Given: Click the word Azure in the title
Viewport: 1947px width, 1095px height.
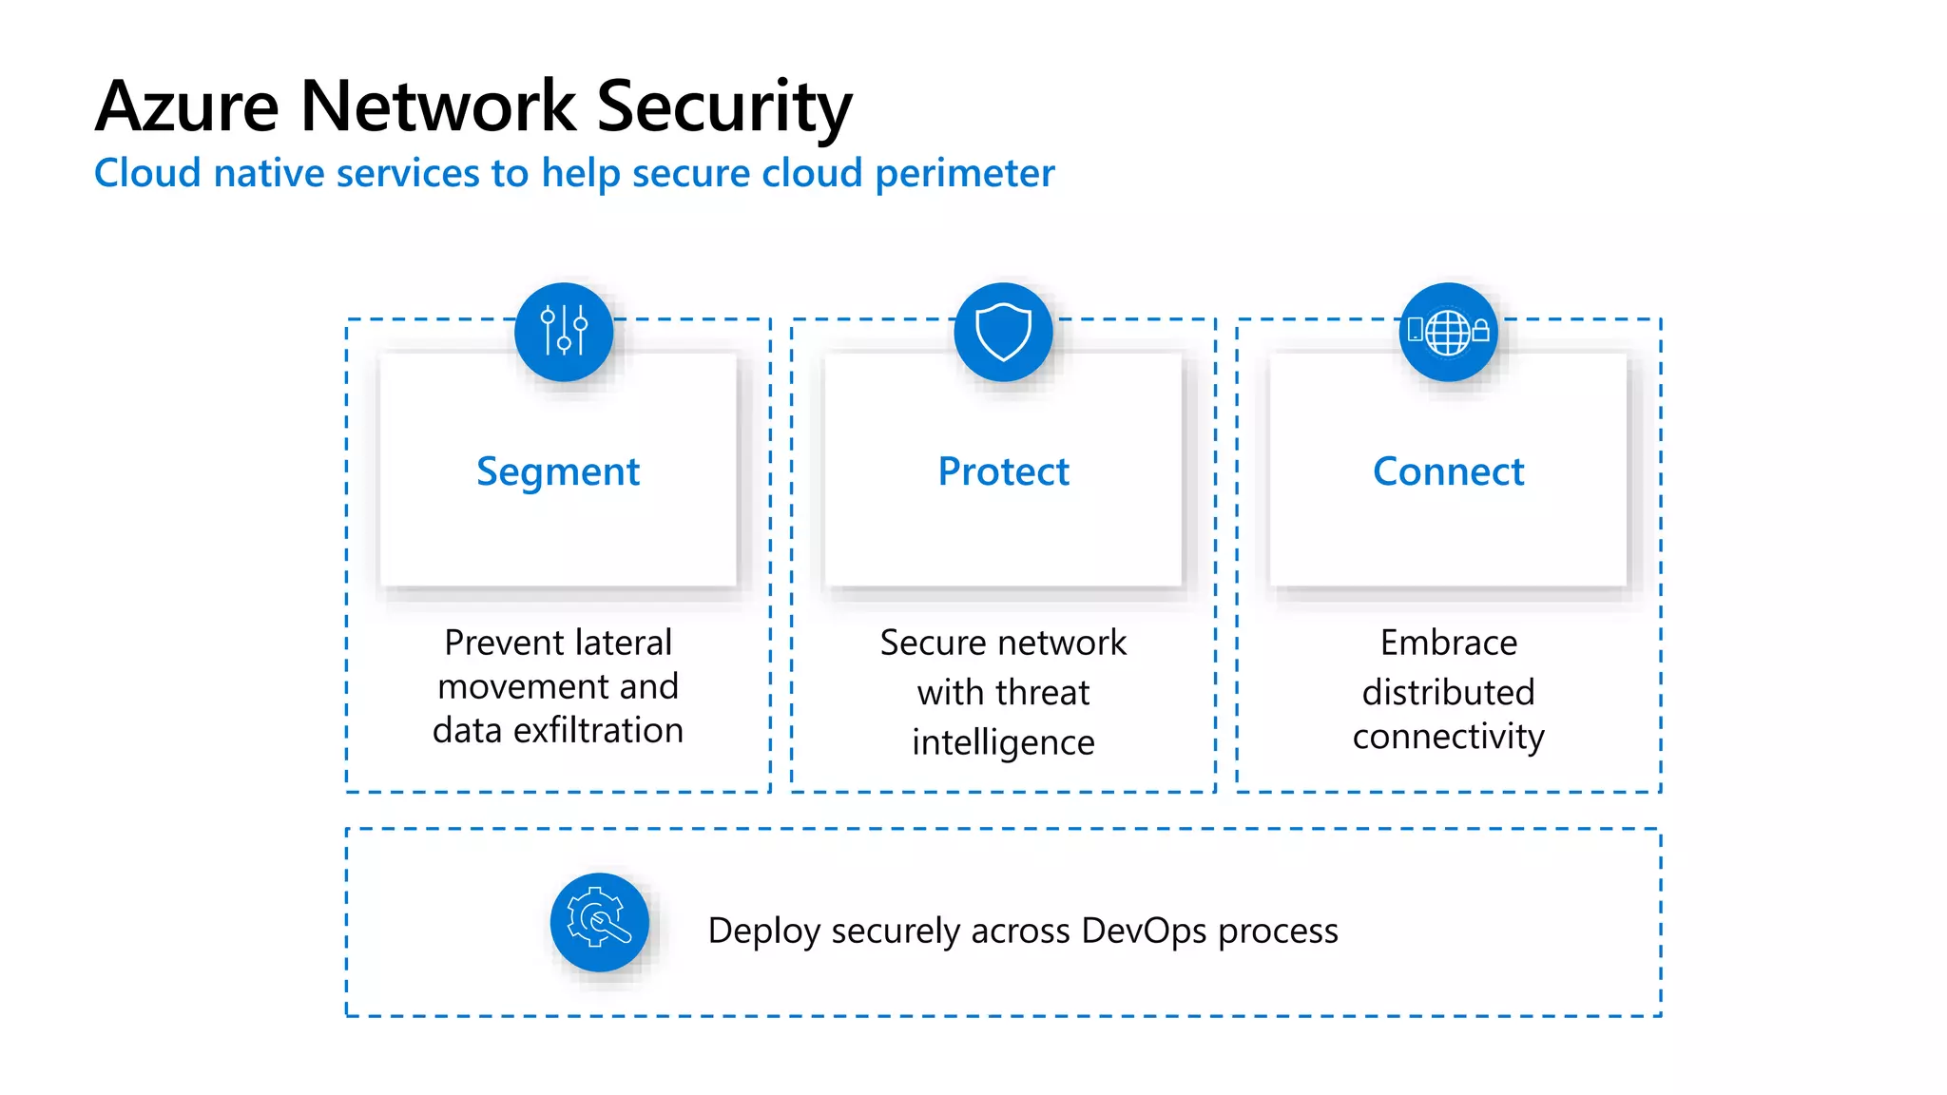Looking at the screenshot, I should tap(187, 106).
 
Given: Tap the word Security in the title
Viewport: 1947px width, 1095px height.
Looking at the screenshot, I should tap(723, 106).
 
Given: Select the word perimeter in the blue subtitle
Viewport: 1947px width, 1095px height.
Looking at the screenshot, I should tap(964, 174).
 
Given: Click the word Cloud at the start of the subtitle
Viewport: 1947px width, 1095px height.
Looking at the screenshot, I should tap(147, 174).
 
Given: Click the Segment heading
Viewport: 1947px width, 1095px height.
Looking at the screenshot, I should tap(558, 472).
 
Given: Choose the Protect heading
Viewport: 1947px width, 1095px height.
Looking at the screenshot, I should tap(1003, 472).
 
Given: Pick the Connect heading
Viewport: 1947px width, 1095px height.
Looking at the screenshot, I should tap(1448, 472).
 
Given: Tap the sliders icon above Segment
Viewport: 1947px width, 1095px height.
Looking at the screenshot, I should tap(564, 332).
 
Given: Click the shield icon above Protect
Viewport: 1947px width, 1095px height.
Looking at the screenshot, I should tap(1003, 332).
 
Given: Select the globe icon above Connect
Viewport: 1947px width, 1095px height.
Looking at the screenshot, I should tap(1448, 333).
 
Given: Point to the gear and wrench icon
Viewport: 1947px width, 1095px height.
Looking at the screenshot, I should tap(599, 922).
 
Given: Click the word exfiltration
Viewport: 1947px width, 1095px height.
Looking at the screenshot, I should tap(598, 730).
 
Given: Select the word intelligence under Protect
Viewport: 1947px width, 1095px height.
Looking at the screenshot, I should tap(1003, 742).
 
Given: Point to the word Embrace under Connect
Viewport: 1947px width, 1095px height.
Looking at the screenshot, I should tap(1448, 643).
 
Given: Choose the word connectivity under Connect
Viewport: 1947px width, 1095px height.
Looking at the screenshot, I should tap(1448, 737).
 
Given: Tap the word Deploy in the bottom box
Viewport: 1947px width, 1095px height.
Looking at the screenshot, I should tap(763, 931).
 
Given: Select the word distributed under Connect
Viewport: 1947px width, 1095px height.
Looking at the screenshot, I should tap(1448, 692).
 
